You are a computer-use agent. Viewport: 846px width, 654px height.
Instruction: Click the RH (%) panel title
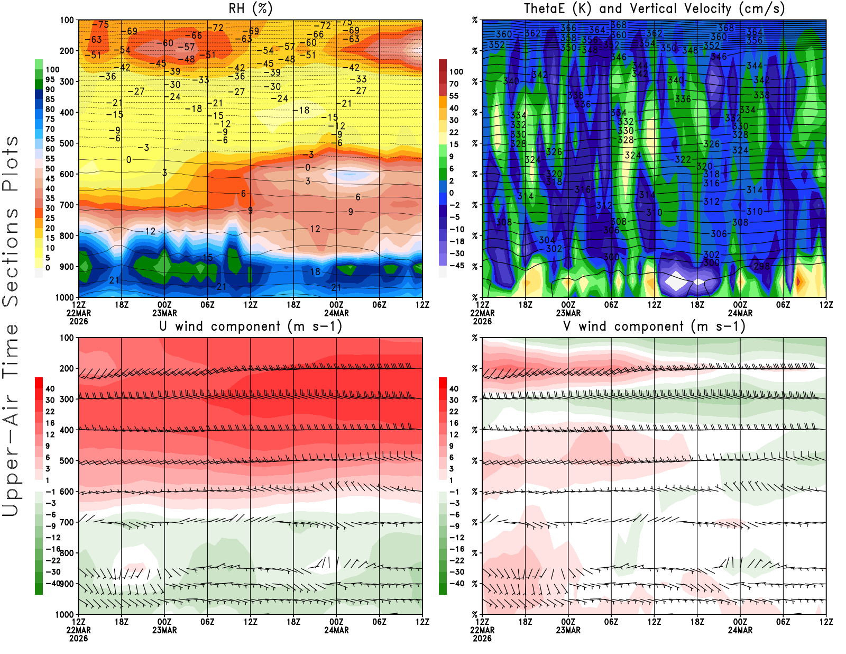251,8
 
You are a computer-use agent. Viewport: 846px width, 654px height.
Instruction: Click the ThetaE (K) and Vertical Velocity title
654,8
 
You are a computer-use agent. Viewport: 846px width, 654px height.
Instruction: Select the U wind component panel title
251,326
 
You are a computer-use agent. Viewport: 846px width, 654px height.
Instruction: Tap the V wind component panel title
654,326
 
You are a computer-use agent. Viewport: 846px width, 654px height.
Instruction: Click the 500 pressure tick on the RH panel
67,143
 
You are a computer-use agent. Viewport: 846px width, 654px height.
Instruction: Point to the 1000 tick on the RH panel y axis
65,297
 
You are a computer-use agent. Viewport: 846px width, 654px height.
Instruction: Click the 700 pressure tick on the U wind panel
67,522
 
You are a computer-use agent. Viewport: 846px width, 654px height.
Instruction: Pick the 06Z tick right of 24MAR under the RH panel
379,305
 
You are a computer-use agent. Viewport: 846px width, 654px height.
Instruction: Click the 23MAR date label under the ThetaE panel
568,313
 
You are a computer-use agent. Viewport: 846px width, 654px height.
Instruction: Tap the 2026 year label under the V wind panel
482,638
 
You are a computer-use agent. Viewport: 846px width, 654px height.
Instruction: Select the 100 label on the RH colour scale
52,69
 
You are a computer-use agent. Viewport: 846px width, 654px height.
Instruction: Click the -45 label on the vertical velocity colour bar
456,266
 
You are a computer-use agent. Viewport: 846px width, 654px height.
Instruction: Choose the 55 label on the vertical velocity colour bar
454,96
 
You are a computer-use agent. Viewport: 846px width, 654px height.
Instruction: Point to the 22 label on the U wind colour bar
50,412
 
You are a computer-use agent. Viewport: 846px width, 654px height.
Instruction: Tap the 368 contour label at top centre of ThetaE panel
619,25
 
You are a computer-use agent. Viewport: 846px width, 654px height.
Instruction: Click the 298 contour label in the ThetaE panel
761,266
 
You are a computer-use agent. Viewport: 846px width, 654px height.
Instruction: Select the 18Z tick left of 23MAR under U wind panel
122,622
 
